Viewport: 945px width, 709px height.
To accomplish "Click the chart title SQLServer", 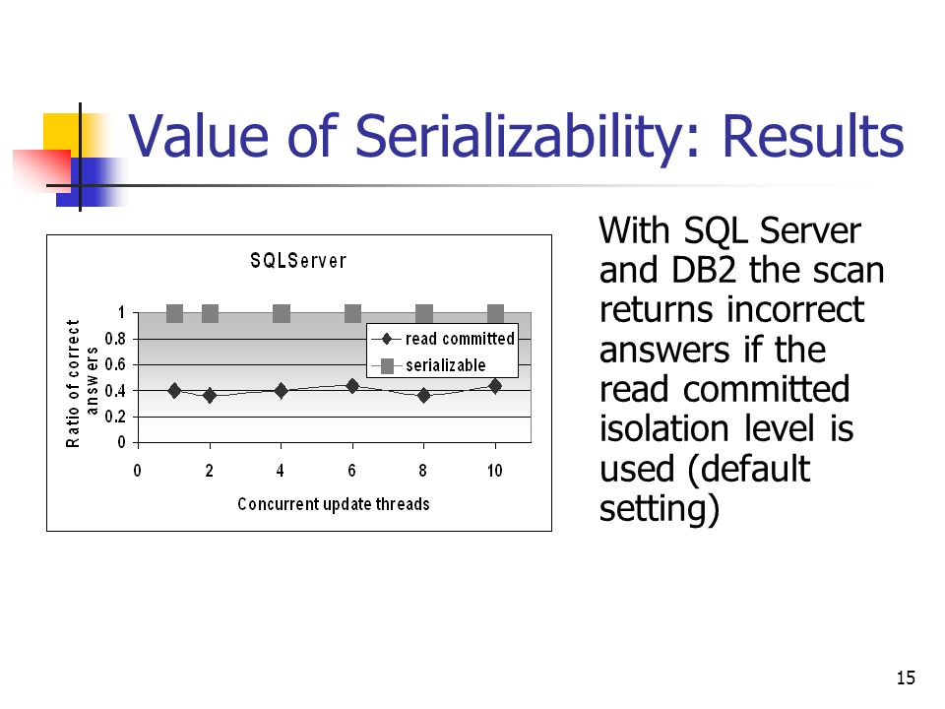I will point(297,261).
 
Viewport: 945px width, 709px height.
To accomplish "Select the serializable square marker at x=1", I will point(174,314).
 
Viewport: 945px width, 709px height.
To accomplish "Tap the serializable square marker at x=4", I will point(282,314).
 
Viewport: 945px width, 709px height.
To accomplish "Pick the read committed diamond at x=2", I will point(210,395).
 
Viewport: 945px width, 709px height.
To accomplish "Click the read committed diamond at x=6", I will point(352,386).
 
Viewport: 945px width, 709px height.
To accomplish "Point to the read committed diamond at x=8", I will point(424,395).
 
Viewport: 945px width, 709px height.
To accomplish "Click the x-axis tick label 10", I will point(494,472).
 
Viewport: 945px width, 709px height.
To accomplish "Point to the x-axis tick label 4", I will point(282,472).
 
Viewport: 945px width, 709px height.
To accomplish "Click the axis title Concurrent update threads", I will point(334,504).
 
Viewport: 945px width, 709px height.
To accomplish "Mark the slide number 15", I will point(907,677).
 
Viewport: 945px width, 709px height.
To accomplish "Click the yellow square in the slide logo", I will point(61,131).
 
